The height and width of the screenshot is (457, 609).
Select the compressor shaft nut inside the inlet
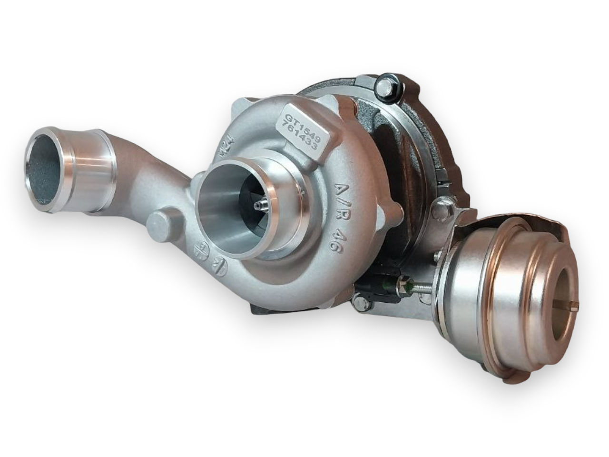pos(259,205)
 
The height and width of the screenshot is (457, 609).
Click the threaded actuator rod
pos(421,287)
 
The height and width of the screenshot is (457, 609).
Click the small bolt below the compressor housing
pos(361,303)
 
